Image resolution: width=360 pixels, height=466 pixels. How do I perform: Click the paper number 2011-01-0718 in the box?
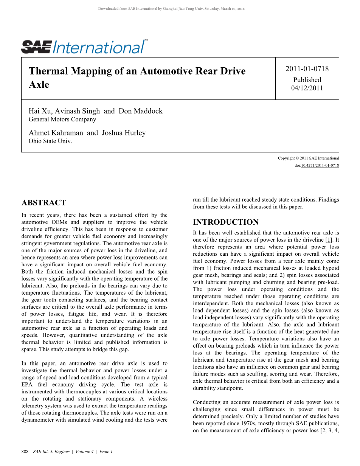click(x=307, y=69)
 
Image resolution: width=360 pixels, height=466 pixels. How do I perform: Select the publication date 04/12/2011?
click(x=307, y=88)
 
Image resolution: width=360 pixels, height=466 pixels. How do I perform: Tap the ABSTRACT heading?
click(x=44, y=203)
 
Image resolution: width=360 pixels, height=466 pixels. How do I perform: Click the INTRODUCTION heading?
click(x=226, y=222)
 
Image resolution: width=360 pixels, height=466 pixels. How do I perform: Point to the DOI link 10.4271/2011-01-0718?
click(x=320, y=166)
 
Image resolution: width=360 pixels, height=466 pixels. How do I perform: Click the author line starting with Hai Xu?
click(x=95, y=111)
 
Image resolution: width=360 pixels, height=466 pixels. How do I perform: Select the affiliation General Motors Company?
click(x=62, y=119)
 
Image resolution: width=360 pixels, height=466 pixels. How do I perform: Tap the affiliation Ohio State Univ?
click(x=50, y=141)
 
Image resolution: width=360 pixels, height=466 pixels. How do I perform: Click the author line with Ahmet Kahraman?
click(x=87, y=133)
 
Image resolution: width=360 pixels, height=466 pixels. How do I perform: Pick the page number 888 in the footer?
click(x=25, y=452)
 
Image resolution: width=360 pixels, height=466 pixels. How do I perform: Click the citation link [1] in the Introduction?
click(x=329, y=240)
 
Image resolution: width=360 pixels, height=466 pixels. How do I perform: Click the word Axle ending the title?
click(x=39, y=84)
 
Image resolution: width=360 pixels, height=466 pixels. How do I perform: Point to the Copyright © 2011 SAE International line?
click(x=308, y=158)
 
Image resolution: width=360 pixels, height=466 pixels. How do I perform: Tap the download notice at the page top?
click(x=171, y=8)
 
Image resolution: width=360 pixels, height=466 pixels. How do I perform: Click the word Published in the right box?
click(x=307, y=80)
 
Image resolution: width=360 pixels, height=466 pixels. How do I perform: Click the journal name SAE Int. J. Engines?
click(x=51, y=452)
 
